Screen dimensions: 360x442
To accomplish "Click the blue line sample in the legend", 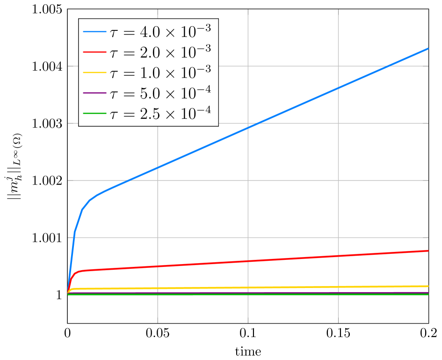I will pos(94,31).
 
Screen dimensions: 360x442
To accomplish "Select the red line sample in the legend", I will pos(94,52).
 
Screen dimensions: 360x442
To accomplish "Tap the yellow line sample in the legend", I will pos(94,72).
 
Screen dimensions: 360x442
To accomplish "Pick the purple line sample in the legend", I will pos(94,93).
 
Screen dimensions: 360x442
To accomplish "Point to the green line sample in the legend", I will pos(94,113).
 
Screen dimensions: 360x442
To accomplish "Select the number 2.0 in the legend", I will pos(149,52).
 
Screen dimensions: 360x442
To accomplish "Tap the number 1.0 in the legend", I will pos(149,72).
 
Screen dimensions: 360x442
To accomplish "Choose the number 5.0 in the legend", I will pos(149,93).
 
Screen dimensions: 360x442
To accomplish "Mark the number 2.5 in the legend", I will pos(149,114).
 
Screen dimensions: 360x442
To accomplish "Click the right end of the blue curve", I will pos(428,48).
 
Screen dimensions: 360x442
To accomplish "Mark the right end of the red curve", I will pos(428,251).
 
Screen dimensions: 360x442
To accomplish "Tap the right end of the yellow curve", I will pos(428,286).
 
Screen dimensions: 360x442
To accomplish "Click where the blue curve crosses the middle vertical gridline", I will pos(248,128).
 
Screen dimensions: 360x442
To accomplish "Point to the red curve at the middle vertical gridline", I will pos(248,261).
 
